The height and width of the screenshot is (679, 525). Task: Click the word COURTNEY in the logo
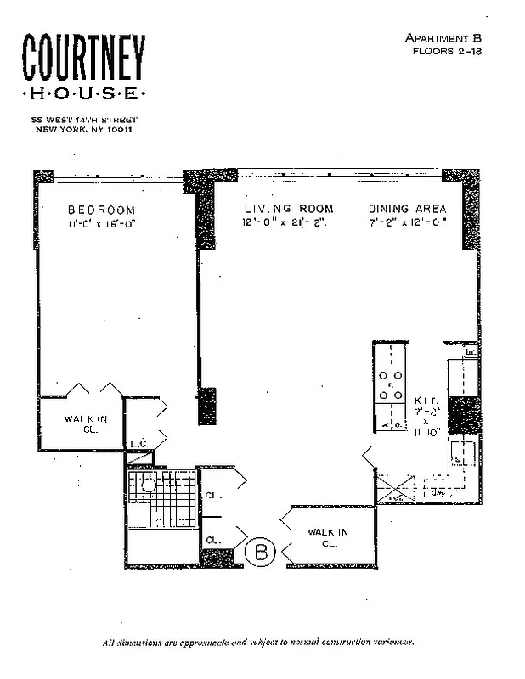[x=83, y=59]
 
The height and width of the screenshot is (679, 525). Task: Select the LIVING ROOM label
[x=289, y=209]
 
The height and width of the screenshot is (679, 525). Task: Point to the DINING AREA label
[x=408, y=209]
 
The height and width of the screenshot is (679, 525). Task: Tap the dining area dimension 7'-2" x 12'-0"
[x=408, y=222]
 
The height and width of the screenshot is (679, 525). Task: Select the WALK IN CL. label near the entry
[x=328, y=537]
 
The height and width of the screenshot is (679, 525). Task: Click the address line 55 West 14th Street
[x=83, y=120]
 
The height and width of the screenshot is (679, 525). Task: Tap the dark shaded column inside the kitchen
[x=463, y=413]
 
